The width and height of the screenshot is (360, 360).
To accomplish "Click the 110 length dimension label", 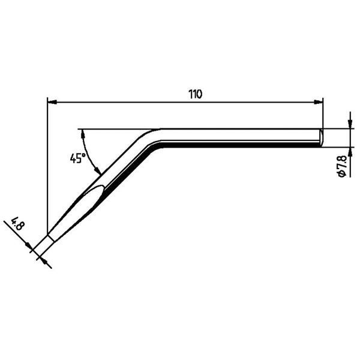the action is click(x=196, y=94).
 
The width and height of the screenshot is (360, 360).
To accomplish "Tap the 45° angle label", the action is click(x=77, y=158).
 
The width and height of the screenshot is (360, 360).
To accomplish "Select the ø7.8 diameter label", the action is click(x=341, y=166).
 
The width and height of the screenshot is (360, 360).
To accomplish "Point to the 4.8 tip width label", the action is click(x=17, y=223).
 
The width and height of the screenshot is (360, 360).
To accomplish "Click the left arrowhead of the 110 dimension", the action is click(x=52, y=103).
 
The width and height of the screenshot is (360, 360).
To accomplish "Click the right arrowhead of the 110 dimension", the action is click(x=318, y=103).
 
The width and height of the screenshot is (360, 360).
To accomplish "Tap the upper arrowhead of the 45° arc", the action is click(x=82, y=133).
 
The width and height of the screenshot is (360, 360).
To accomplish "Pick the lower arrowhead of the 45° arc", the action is click(x=98, y=170).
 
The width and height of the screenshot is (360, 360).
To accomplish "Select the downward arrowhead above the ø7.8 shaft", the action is click(x=350, y=124).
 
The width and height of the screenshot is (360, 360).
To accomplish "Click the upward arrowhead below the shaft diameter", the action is click(x=350, y=152).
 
